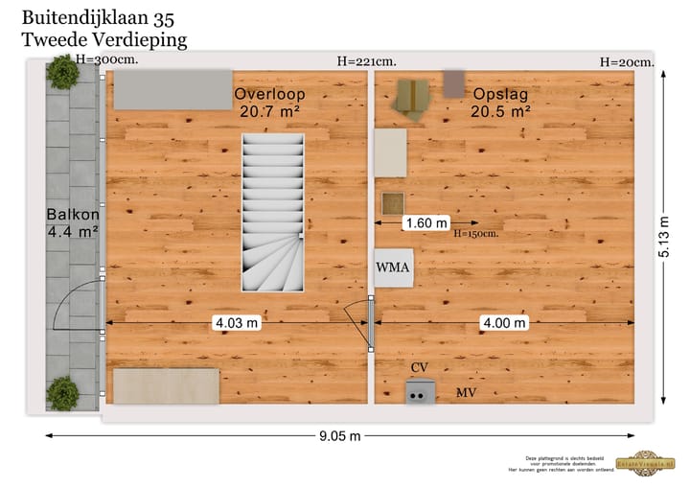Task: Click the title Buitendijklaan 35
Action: (98, 17)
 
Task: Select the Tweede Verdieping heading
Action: (103, 39)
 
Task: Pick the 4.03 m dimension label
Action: (236, 323)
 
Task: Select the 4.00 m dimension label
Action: (504, 323)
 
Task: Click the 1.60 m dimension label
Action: (426, 223)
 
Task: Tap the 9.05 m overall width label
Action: (340, 437)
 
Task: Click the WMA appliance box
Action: (394, 267)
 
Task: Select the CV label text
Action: (419, 368)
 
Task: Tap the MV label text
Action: (466, 393)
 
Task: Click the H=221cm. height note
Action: (366, 61)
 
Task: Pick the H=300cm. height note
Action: (106, 59)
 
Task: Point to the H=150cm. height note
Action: (475, 234)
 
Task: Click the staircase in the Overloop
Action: (273, 213)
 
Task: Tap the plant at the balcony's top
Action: (63, 72)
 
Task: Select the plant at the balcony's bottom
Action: (63, 393)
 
